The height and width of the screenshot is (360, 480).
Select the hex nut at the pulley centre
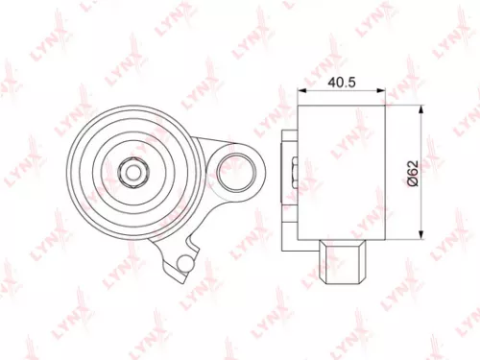(132, 174)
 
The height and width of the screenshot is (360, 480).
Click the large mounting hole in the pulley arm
(232, 174)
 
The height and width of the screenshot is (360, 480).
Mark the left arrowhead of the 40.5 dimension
(303, 93)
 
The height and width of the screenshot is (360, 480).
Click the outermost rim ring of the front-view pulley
(75, 174)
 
